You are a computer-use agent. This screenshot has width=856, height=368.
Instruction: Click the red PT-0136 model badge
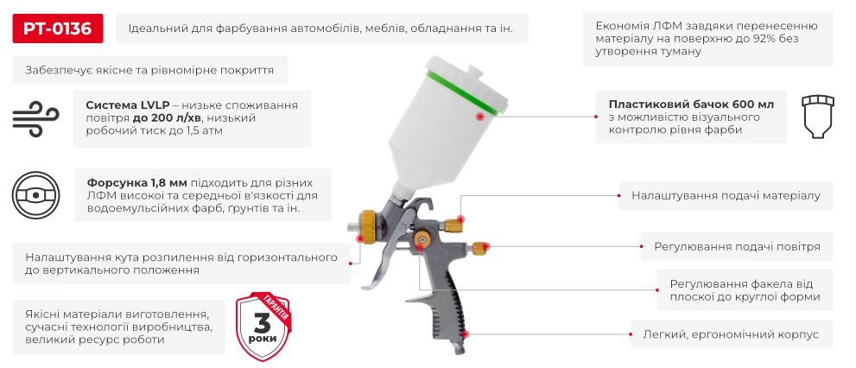[58, 29]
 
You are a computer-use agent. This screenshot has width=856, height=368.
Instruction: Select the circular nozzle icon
[35, 194]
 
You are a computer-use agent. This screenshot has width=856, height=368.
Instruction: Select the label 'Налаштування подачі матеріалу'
[726, 196]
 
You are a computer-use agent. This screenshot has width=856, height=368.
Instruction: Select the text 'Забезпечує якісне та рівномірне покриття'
[150, 71]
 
